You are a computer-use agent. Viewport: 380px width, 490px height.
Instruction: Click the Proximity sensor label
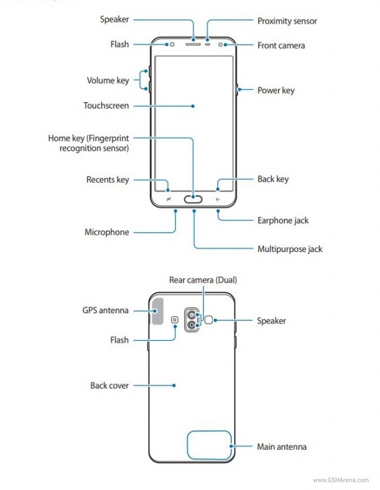(x=287, y=21)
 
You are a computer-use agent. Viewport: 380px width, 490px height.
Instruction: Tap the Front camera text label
(x=281, y=46)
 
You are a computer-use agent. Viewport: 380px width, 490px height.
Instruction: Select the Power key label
(x=275, y=91)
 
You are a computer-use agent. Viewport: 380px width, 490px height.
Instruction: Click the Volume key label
(x=108, y=80)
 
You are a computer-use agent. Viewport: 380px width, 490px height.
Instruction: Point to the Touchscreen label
(x=106, y=106)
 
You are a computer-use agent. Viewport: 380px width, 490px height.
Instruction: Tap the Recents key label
(x=107, y=180)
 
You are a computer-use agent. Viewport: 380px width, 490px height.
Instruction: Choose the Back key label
(x=273, y=179)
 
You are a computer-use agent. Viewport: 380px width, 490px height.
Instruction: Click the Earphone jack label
(x=283, y=221)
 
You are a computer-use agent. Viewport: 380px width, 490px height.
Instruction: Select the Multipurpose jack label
(x=289, y=249)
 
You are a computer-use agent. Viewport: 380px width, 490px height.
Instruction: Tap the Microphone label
(x=106, y=232)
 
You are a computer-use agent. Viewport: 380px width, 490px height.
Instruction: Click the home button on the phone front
(x=193, y=199)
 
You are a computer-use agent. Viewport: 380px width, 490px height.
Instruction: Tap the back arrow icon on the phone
(x=217, y=199)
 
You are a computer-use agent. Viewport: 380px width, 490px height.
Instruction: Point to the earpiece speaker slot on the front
(x=193, y=45)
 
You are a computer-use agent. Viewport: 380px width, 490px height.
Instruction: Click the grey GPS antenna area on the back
(x=157, y=311)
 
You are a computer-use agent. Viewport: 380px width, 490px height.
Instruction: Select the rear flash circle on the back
(x=175, y=320)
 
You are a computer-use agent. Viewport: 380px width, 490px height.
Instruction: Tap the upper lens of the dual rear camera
(x=191, y=315)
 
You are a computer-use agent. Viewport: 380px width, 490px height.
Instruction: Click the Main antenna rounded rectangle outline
(x=187, y=445)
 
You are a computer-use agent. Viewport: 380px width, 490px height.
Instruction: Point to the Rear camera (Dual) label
(x=203, y=280)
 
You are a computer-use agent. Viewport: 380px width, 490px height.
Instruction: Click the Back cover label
(x=109, y=385)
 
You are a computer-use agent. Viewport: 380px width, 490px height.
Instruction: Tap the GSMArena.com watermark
(x=340, y=480)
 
